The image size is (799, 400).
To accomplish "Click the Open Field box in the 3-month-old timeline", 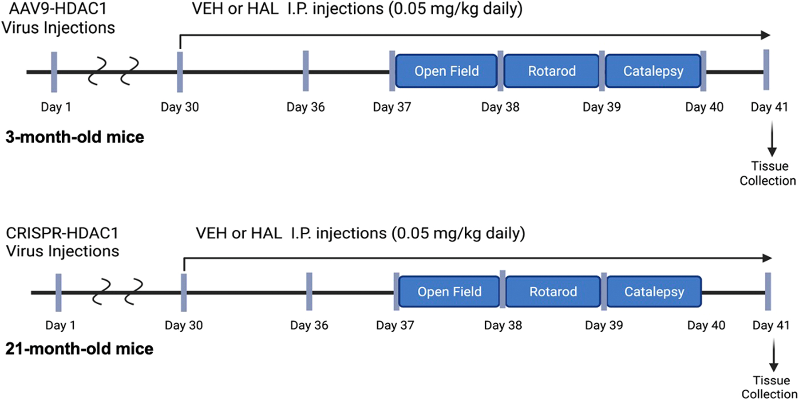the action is point(446,71).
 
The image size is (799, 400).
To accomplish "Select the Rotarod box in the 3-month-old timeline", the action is point(551,71).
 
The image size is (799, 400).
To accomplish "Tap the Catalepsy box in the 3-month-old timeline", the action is point(653,71).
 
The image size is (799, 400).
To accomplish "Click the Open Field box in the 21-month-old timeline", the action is point(449,291).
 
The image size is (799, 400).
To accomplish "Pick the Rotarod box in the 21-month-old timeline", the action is point(553,291).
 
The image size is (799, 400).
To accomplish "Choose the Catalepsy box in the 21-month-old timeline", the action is point(654,291).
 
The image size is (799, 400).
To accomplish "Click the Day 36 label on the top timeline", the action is point(305,107).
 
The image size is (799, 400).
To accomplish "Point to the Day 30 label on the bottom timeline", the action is point(184,325).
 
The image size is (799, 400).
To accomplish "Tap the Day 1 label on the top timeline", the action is point(55,107).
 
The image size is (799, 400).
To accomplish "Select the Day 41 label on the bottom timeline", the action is point(771,325).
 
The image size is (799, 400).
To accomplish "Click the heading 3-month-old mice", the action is point(75,137).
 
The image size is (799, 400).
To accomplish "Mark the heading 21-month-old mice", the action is point(79,349).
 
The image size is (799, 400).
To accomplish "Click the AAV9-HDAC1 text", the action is point(58,9).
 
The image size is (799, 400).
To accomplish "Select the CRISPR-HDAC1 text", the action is point(62,233).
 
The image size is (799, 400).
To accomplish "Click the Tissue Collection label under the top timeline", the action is point(768,173).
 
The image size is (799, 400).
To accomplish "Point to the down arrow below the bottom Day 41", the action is point(774,355).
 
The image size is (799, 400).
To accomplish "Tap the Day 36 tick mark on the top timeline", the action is point(305,71).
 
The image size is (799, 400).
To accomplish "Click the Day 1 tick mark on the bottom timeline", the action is point(59,293).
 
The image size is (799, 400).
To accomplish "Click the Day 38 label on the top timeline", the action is point(500,107).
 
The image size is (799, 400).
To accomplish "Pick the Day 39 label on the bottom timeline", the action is point(604,325).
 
